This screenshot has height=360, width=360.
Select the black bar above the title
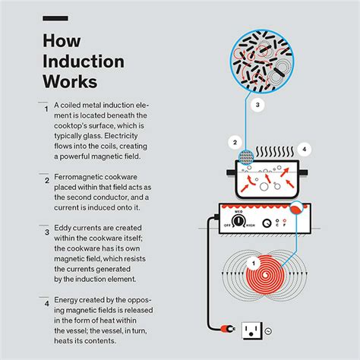pyautogui.click(x=55, y=17)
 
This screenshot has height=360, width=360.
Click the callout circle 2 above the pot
pyautogui.click(x=236, y=142)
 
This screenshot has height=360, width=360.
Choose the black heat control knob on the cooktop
pyautogui.click(x=241, y=219)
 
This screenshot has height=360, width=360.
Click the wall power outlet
pyautogui.click(x=253, y=330)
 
